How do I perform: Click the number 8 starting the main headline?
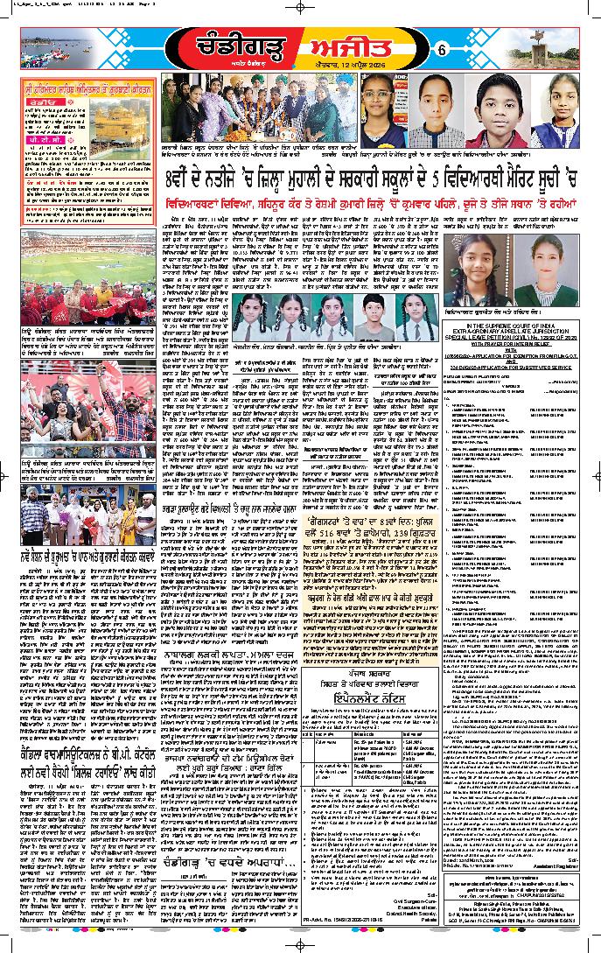point(174,210)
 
